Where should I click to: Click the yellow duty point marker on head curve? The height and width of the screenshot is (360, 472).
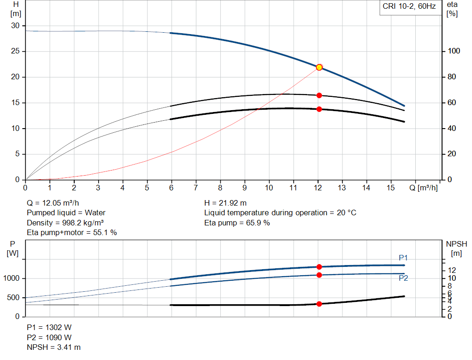(319, 67)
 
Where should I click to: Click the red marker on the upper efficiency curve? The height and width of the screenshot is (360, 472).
(319, 95)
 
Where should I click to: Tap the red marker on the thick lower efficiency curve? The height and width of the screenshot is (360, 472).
(319, 109)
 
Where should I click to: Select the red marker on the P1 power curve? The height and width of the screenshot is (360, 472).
(319, 267)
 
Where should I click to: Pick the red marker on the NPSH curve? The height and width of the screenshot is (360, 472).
(319, 304)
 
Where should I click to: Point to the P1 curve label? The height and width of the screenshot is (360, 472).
(403, 258)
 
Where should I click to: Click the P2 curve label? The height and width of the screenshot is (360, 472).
(403, 278)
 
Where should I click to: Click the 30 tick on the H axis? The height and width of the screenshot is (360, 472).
(16, 26)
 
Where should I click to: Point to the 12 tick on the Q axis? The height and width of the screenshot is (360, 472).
(318, 188)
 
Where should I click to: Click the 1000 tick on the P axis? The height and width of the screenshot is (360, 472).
(12, 278)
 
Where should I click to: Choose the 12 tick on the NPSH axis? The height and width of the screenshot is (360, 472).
(452, 270)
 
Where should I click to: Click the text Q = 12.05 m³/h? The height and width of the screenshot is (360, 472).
(56, 203)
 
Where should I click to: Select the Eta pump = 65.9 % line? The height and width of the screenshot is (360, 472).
(237, 223)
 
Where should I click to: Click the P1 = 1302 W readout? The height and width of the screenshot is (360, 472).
(49, 327)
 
